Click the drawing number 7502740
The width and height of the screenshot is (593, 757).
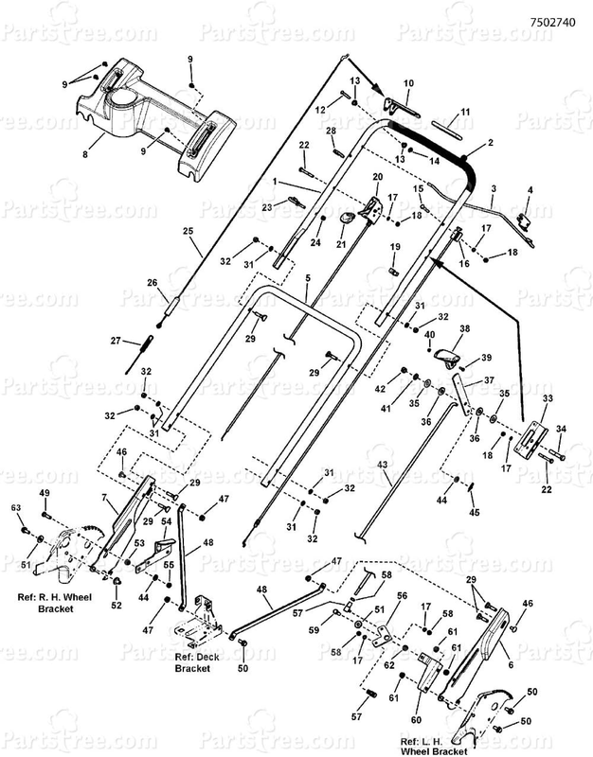pos(552,22)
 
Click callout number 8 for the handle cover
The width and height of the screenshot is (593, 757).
pos(85,154)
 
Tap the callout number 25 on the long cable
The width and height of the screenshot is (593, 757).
pos(188,231)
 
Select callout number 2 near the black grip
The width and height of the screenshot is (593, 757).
pos(490,143)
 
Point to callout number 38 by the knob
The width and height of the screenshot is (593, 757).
pos(464,328)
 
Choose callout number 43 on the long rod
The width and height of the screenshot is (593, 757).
pos(382,465)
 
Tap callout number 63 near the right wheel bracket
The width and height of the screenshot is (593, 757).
pos(16,508)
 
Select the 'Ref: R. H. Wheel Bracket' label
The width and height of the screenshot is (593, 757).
pos(55,603)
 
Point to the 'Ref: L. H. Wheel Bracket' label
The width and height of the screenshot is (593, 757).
pos(434,747)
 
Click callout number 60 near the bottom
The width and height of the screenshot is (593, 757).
pos(416,720)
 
